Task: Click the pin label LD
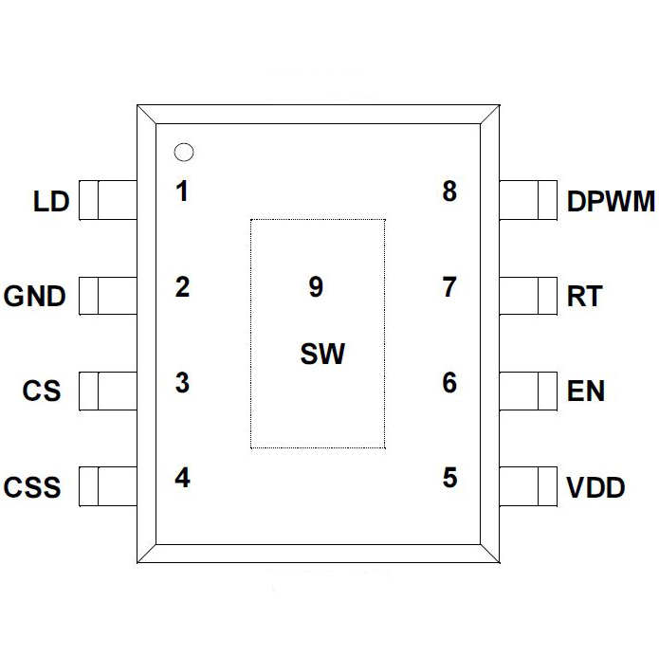(x=51, y=202)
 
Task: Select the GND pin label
(x=35, y=297)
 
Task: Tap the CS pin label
(x=42, y=392)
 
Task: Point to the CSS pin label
(x=32, y=487)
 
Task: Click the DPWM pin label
(x=611, y=202)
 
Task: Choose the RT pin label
(x=584, y=297)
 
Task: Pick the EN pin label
(x=586, y=392)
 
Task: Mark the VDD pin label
(x=595, y=488)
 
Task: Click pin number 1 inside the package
(x=182, y=191)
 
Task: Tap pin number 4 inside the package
(x=182, y=478)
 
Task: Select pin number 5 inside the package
(x=449, y=478)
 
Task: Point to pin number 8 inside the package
(x=449, y=191)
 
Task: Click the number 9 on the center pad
(x=316, y=287)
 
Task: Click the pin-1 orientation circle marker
(x=183, y=152)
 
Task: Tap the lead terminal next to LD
(x=107, y=201)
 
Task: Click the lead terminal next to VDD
(x=528, y=487)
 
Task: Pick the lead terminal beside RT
(x=528, y=296)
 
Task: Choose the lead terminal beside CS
(x=107, y=392)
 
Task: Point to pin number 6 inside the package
(x=449, y=383)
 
